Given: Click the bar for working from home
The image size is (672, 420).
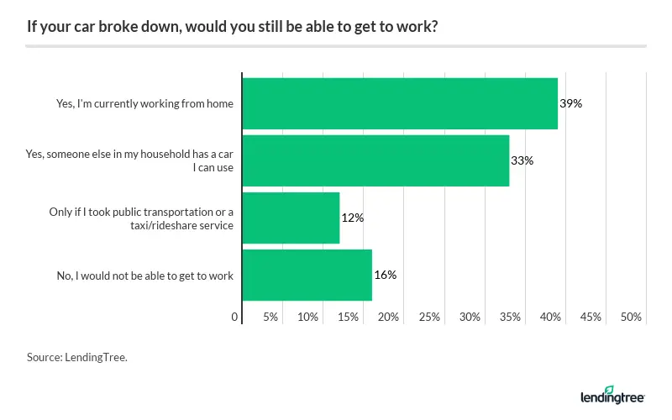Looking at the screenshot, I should (400, 104).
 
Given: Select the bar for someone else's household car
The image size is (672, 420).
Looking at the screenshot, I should (375, 160).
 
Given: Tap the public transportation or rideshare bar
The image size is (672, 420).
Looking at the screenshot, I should (291, 218).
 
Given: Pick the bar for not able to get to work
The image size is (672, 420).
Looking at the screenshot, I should (307, 275).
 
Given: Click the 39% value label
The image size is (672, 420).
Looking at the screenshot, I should (571, 104).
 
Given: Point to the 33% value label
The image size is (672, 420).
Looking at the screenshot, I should (522, 160).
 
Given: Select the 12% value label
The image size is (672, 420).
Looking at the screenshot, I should (352, 218).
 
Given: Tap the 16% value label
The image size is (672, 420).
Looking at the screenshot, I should (385, 275).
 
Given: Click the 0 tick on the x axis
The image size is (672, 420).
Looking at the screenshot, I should (234, 318).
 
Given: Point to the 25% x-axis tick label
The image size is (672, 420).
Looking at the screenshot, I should (429, 318).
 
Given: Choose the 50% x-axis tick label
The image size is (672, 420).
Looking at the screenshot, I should (631, 318).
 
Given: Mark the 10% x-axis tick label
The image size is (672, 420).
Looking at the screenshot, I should (307, 318).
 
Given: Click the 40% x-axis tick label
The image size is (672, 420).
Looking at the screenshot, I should (550, 318).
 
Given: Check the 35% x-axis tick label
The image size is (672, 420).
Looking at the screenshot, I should (510, 318).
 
